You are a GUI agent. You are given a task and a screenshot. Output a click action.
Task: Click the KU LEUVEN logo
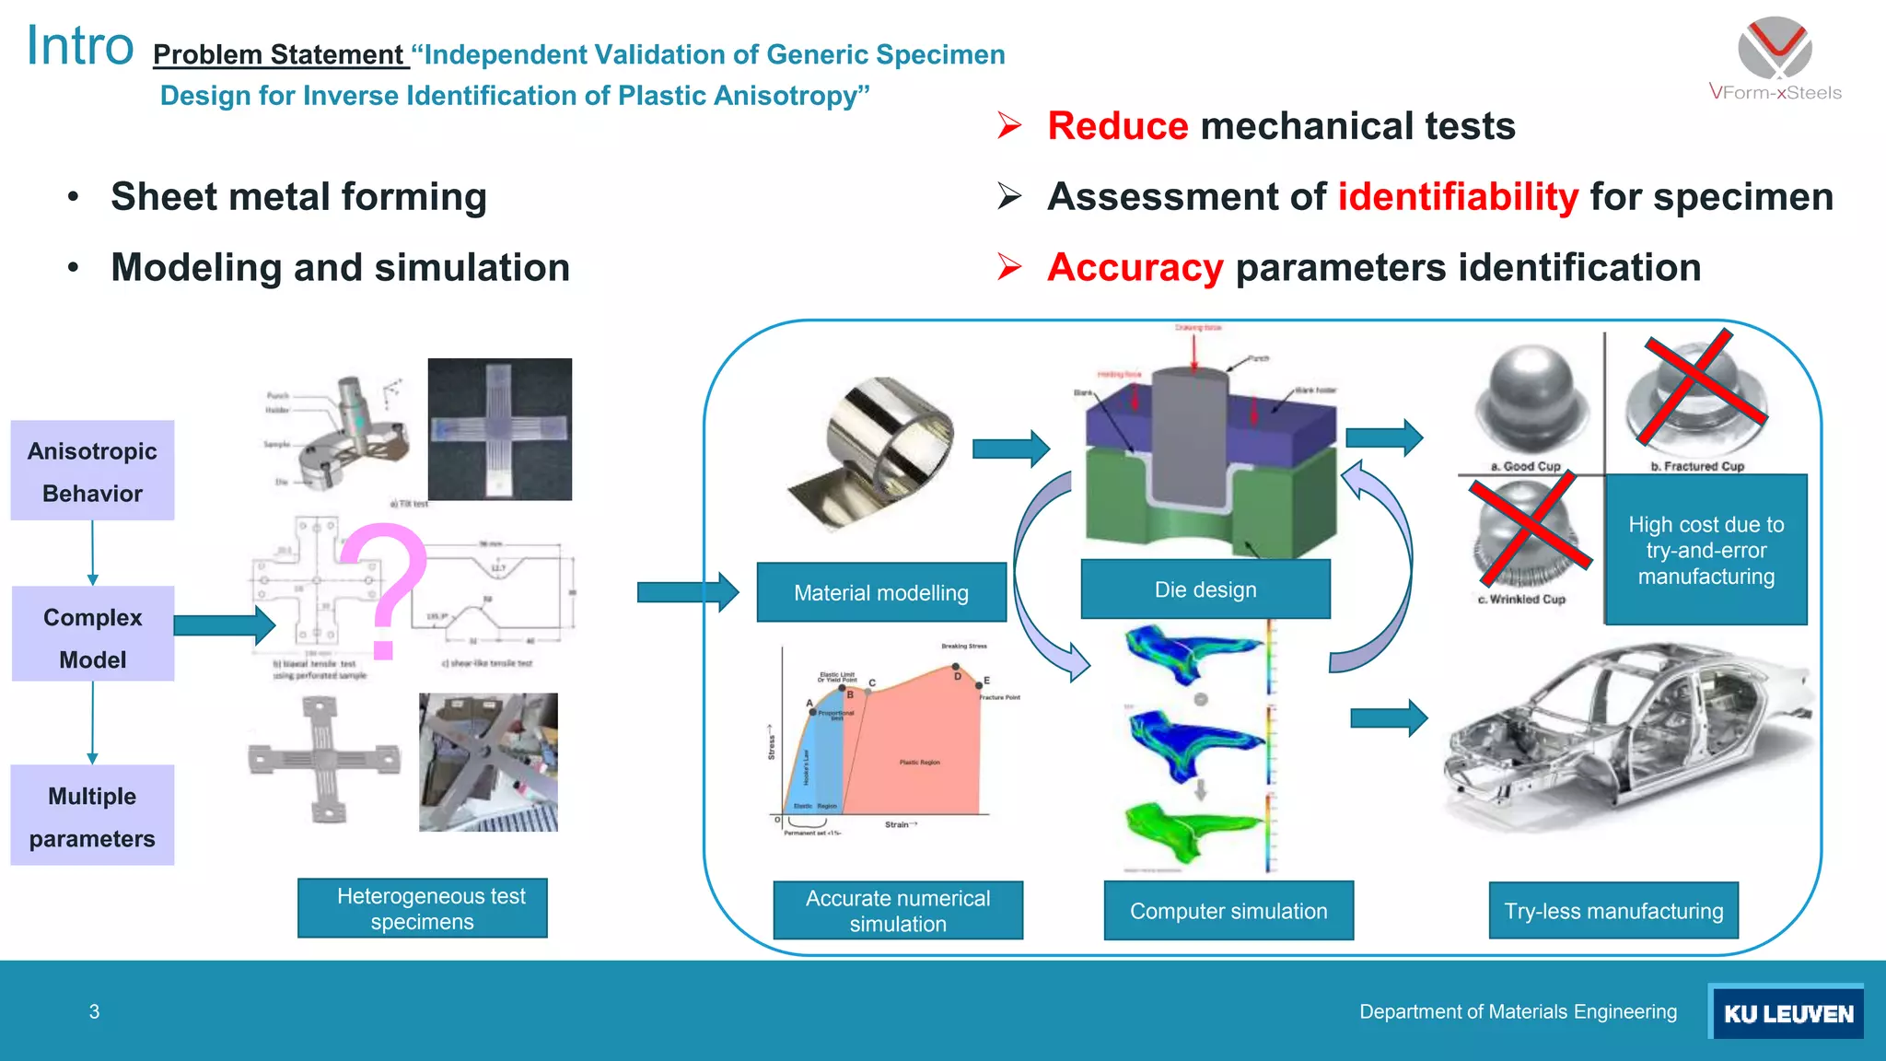point(1787,1012)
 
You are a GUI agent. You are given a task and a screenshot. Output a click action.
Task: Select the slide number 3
point(94,1011)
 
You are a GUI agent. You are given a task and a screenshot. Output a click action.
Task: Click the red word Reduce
point(1117,126)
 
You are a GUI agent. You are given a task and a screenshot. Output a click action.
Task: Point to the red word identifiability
point(1457,197)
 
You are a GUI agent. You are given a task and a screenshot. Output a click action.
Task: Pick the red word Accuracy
point(1135,268)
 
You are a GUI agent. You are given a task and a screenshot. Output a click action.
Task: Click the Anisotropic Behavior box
point(92,471)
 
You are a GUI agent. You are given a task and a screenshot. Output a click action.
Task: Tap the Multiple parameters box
point(92,816)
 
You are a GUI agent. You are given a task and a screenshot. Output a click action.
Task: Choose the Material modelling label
point(880,592)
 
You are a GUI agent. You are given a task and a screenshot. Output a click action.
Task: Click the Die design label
point(1205,589)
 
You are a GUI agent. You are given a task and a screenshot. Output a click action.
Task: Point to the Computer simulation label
point(1228,911)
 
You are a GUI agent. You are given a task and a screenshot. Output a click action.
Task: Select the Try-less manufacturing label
point(1612,911)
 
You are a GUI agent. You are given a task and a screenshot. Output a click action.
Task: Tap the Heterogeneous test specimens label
point(423,908)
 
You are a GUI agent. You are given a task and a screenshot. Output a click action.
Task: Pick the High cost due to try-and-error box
point(1706,550)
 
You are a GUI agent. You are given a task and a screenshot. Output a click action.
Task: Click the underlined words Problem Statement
point(278,55)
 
